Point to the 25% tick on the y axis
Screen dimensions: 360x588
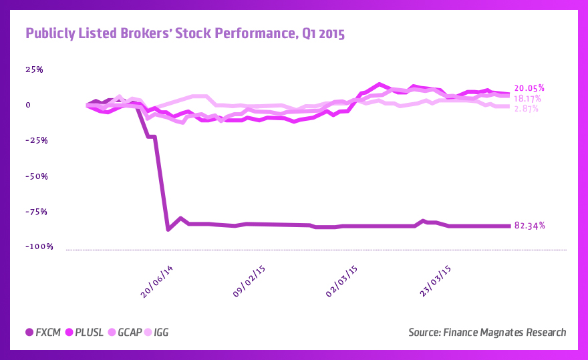pyautogui.click(x=34, y=69)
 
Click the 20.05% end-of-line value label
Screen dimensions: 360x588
pyautogui.click(x=529, y=88)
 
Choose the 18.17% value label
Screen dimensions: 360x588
pyautogui.click(x=528, y=99)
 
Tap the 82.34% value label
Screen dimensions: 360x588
pyautogui.click(x=530, y=226)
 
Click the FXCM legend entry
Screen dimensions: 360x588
pyautogui.click(x=43, y=333)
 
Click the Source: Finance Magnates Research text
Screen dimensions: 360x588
pyautogui.click(x=486, y=333)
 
